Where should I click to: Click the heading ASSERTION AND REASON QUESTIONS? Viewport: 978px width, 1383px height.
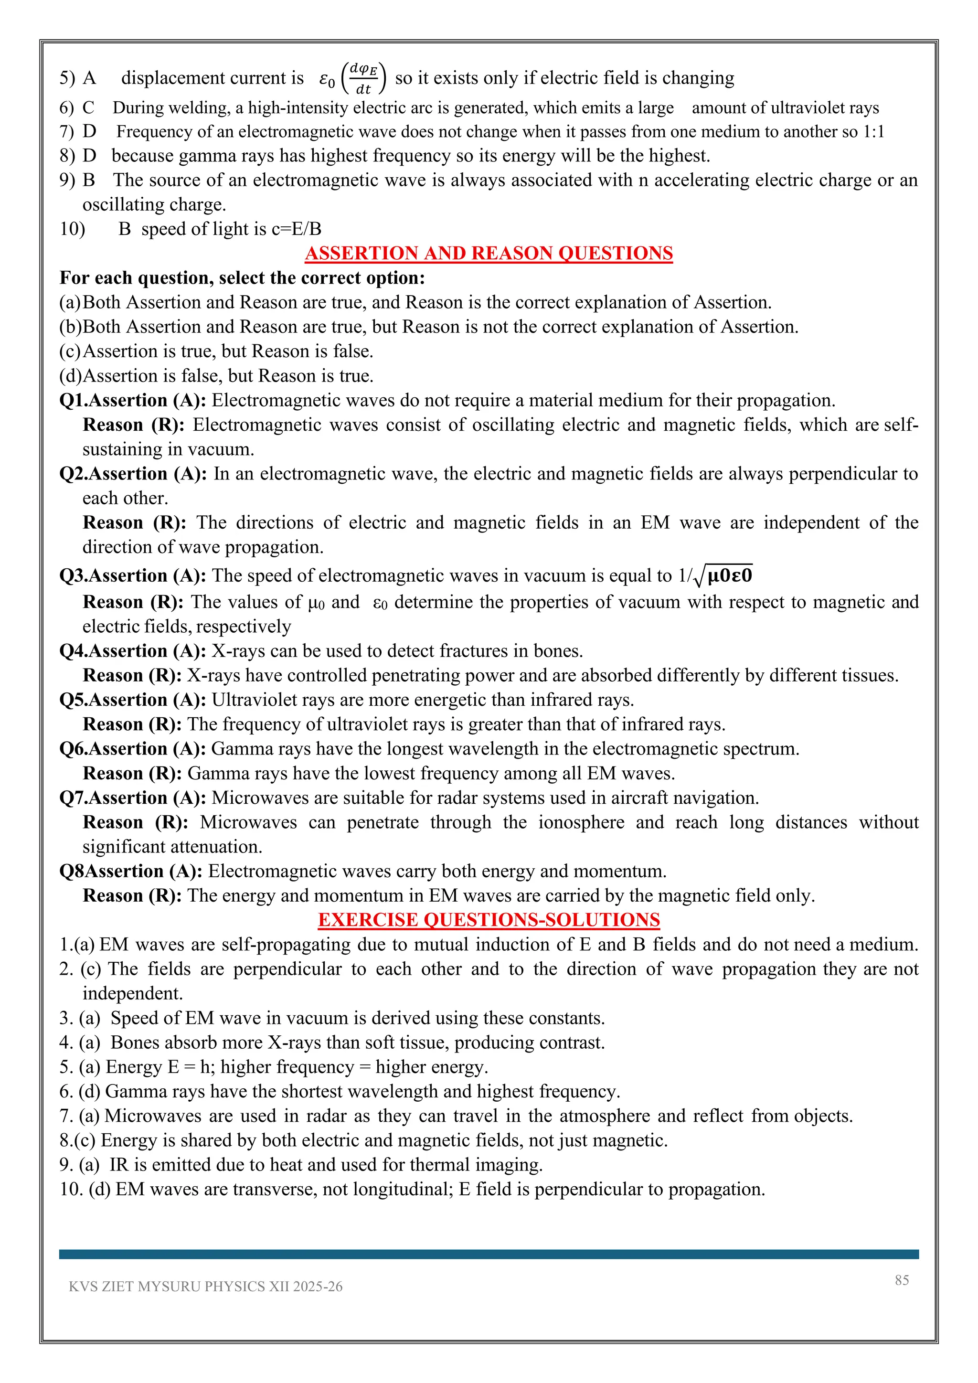tap(489, 253)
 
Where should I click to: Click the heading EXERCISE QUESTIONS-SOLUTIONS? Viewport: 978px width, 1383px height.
tap(489, 920)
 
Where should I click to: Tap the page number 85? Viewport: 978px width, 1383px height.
tap(902, 1280)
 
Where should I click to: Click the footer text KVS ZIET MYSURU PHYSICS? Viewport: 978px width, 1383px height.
tap(205, 1287)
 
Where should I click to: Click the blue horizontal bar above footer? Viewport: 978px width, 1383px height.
tap(489, 1254)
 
